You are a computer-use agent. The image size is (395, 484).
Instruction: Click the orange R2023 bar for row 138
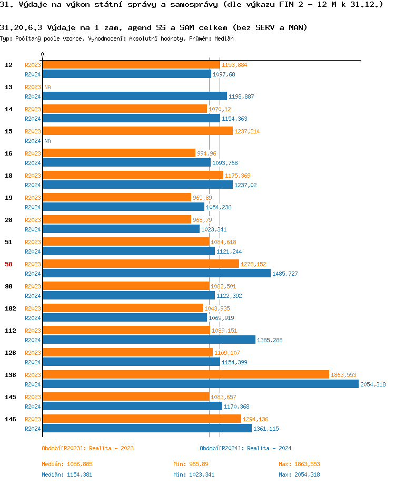(x=185, y=374)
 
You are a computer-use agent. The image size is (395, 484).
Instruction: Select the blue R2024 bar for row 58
(x=156, y=273)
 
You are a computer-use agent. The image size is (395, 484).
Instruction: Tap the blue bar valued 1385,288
(x=149, y=340)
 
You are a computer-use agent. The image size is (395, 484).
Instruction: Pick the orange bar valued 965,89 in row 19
(x=116, y=197)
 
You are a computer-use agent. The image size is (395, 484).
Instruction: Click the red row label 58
(x=8, y=264)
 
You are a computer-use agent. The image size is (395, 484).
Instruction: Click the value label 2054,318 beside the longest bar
(x=373, y=384)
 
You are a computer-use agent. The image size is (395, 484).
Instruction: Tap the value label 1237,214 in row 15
(x=247, y=131)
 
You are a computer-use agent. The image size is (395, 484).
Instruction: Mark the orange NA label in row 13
(x=47, y=87)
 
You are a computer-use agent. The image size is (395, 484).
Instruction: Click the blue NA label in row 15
(x=47, y=141)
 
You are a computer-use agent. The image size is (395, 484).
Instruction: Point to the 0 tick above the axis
(x=43, y=54)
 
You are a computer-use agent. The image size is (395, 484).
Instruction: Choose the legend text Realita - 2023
(x=112, y=448)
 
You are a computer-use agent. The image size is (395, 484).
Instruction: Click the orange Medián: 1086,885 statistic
(x=67, y=464)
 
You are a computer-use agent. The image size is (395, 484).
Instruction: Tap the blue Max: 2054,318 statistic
(x=299, y=475)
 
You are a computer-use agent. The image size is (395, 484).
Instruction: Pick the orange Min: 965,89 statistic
(x=191, y=464)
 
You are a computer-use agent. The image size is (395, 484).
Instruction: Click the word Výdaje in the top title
(x=31, y=5)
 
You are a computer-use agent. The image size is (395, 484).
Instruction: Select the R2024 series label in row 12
(x=33, y=74)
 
